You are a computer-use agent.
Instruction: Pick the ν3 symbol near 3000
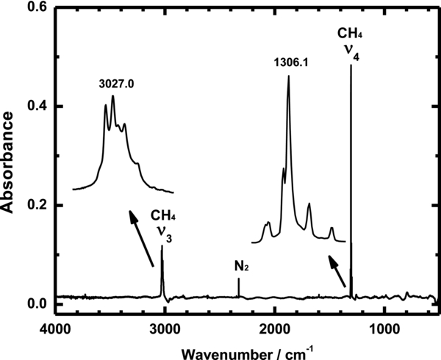click(165, 232)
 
